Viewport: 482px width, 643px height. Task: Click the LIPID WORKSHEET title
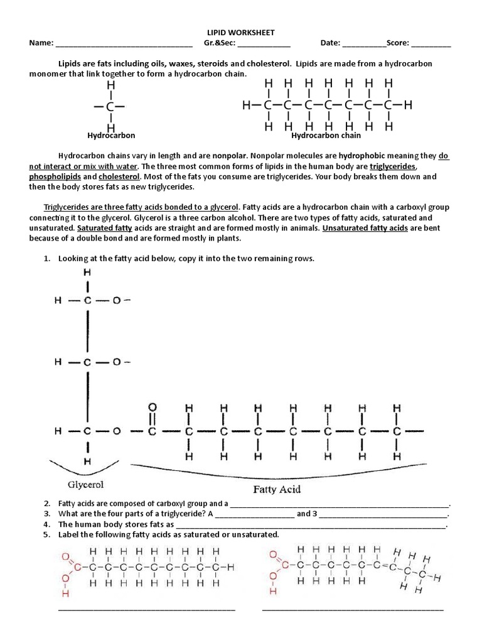point(241,32)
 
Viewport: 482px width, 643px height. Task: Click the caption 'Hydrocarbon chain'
point(326,135)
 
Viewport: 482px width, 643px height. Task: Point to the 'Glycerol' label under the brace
point(86,485)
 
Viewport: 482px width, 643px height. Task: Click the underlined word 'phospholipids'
point(53,176)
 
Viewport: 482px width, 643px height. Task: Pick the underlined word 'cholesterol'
point(119,176)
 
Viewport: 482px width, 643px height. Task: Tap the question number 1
point(46,259)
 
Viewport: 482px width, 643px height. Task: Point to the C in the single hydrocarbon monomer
point(110,107)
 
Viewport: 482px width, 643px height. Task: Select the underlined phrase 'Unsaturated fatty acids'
point(365,228)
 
